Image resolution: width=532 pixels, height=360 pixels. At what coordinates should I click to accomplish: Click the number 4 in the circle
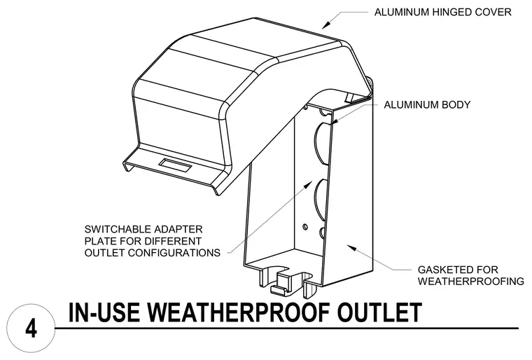pyautogui.click(x=31, y=328)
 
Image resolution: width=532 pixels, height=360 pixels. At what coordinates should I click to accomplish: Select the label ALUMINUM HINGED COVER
pyautogui.click(x=443, y=12)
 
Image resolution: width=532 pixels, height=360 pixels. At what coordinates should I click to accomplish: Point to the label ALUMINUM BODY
pyautogui.click(x=427, y=104)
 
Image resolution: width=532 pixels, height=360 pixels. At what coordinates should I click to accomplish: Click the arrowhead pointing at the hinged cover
pyautogui.click(x=325, y=25)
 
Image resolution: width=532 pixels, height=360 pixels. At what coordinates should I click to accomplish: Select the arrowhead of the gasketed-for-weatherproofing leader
pyautogui.click(x=351, y=247)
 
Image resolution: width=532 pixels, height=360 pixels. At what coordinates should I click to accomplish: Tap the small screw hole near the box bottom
pyautogui.click(x=305, y=226)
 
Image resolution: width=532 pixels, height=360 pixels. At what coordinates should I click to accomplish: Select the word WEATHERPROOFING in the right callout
pyautogui.click(x=471, y=282)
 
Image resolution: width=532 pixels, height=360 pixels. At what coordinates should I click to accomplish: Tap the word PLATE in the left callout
pyautogui.click(x=100, y=241)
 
